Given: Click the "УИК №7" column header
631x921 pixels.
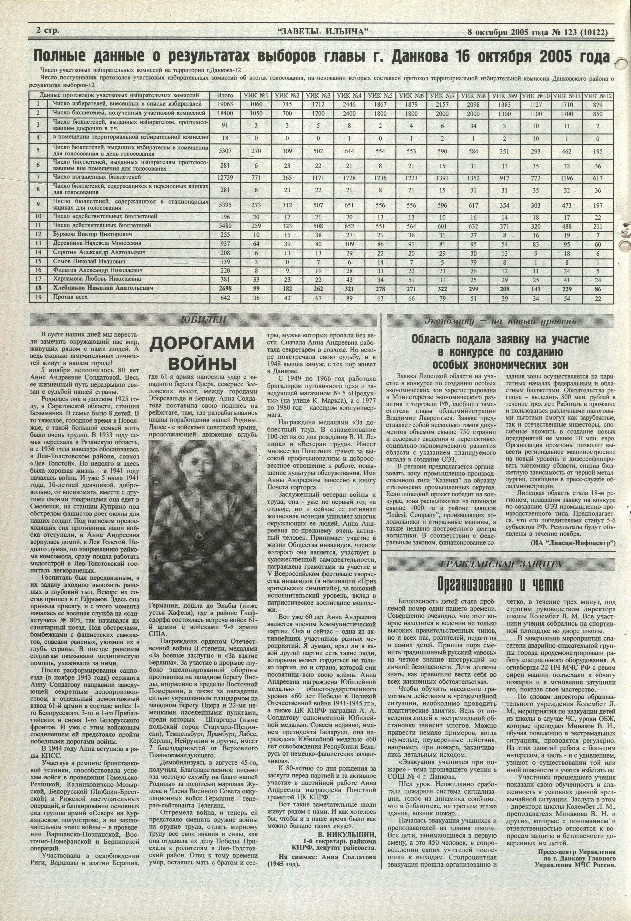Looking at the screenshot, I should click(x=442, y=95).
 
